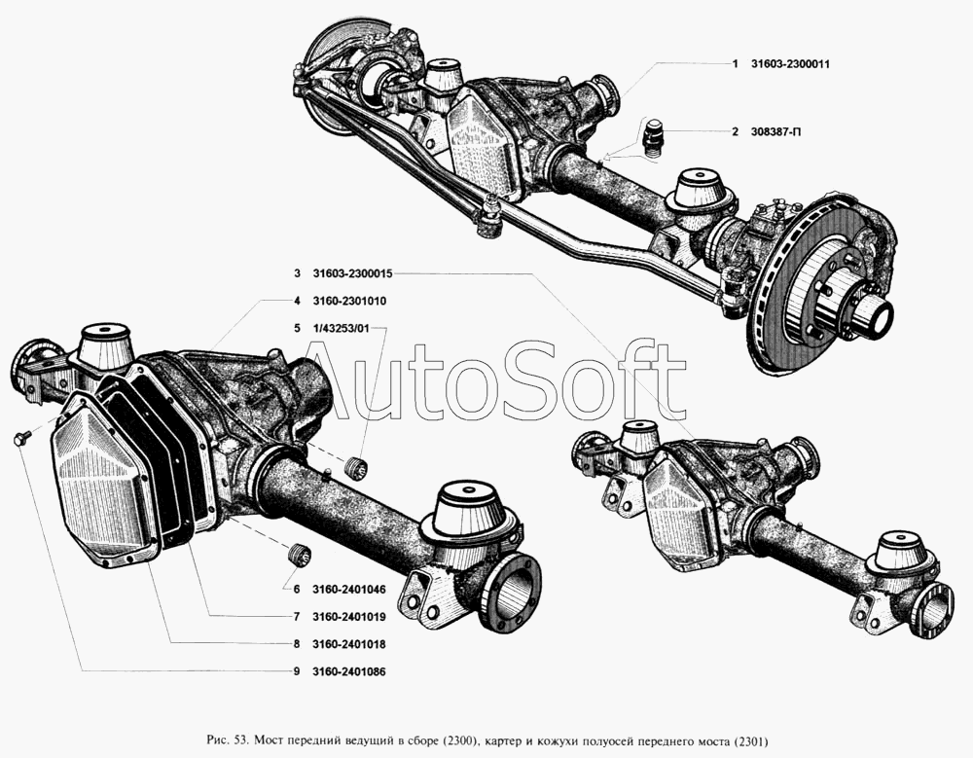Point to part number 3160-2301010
click(x=350, y=301)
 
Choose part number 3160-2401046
click(x=350, y=589)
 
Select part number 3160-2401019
click(x=350, y=617)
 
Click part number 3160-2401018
click(x=350, y=644)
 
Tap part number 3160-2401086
click(x=350, y=671)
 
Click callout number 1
click(x=736, y=64)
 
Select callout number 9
click(x=296, y=671)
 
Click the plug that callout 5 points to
click(x=357, y=465)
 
